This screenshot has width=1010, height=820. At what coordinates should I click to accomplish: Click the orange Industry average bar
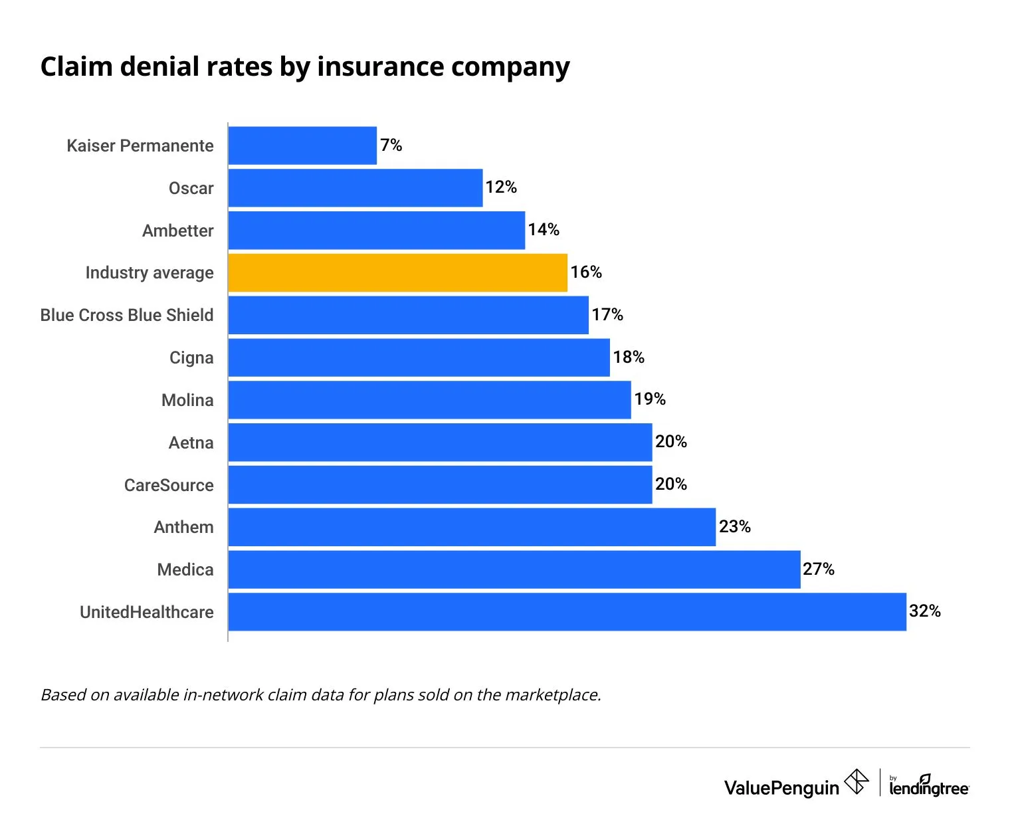tap(397, 272)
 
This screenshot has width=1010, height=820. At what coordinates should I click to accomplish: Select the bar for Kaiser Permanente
tap(302, 146)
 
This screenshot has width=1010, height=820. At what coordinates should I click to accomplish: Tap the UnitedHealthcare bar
tap(567, 612)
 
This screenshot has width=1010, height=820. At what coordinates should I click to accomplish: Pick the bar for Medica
tap(514, 569)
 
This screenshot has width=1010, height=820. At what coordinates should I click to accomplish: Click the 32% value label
tap(924, 611)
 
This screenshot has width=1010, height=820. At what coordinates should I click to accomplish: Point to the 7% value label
tap(391, 145)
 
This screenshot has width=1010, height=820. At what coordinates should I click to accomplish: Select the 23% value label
tap(734, 527)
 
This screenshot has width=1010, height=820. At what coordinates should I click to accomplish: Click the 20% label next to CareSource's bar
tap(670, 484)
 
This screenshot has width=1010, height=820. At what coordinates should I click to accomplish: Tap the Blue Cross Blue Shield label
tap(127, 315)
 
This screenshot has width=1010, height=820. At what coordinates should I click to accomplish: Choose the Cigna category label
tap(191, 358)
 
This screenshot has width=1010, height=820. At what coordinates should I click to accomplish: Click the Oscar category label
tap(191, 188)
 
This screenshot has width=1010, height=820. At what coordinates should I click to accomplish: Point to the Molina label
tap(187, 400)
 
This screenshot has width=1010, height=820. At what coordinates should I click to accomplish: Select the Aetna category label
tap(191, 443)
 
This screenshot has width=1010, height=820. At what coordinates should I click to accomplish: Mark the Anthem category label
tap(183, 527)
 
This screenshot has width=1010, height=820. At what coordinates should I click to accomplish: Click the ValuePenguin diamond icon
tap(857, 781)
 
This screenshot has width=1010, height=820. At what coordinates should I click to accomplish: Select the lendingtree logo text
tap(928, 788)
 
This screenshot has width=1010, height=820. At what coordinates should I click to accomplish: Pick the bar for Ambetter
tap(376, 231)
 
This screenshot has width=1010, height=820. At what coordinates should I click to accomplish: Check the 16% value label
tap(585, 272)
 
